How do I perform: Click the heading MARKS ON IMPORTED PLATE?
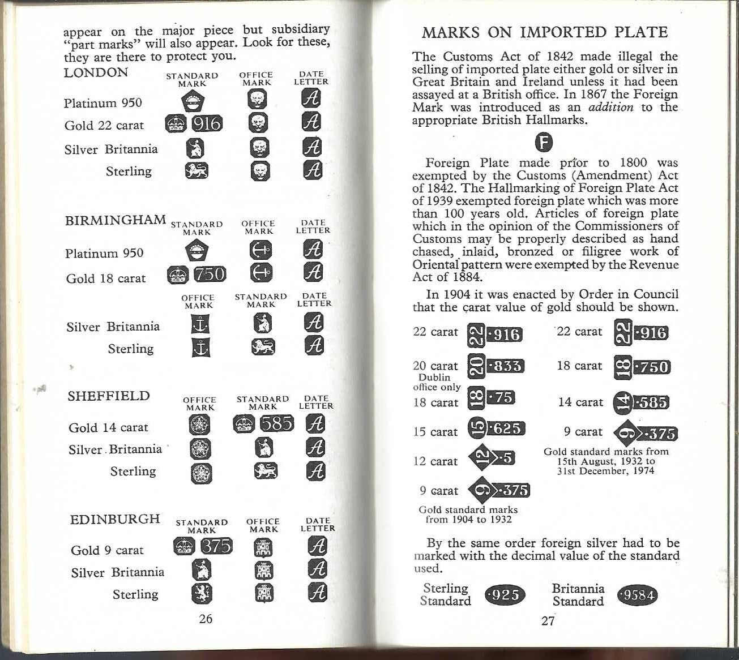(x=545, y=32)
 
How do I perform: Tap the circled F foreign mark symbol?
(x=544, y=142)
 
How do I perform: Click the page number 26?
(x=206, y=619)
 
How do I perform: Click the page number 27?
(x=548, y=620)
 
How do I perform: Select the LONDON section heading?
(x=96, y=72)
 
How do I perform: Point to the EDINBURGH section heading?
(x=115, y=519)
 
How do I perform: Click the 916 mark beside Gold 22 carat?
(x=207, y=123)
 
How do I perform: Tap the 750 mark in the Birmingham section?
(x=210, y=275)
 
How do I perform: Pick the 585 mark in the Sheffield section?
(x=277, y=423)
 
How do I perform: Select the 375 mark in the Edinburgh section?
(x=217, y=546)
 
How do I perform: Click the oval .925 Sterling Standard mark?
(x=505, y=595)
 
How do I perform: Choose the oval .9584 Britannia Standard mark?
(x=638, y=595)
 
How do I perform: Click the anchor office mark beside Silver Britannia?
(x=200, y=324)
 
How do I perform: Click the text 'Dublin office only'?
(x=437, y=382)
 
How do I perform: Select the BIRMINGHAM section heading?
(x=116, y=220)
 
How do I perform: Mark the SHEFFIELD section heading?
(x=109, y=396)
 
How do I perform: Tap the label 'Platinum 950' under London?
(x=102, y=103)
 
